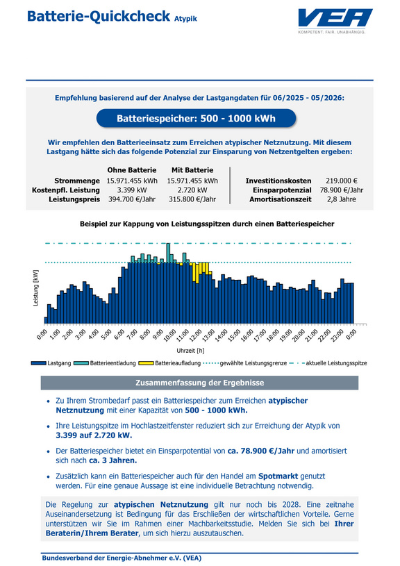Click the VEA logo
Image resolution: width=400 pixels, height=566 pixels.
335,21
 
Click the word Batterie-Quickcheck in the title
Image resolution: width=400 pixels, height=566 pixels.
98,17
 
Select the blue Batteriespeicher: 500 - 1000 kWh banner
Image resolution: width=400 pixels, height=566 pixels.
196,118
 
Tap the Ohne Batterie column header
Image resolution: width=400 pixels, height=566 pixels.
132,170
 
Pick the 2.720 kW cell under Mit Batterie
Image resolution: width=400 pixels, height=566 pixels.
192,190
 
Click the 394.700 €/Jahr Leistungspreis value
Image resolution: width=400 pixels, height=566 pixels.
132,199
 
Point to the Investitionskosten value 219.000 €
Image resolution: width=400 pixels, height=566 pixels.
342,181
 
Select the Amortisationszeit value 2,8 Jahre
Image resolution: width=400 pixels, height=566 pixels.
342,199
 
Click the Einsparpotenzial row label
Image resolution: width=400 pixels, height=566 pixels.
282,190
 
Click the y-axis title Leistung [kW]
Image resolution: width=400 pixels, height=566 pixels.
35,288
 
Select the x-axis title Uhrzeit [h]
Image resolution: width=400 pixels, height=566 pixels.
190,351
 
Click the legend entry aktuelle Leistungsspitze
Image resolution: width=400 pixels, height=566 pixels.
328,363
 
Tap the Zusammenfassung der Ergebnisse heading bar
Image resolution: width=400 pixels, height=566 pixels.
199,383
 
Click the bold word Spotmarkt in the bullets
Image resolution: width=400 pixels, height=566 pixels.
278,476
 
